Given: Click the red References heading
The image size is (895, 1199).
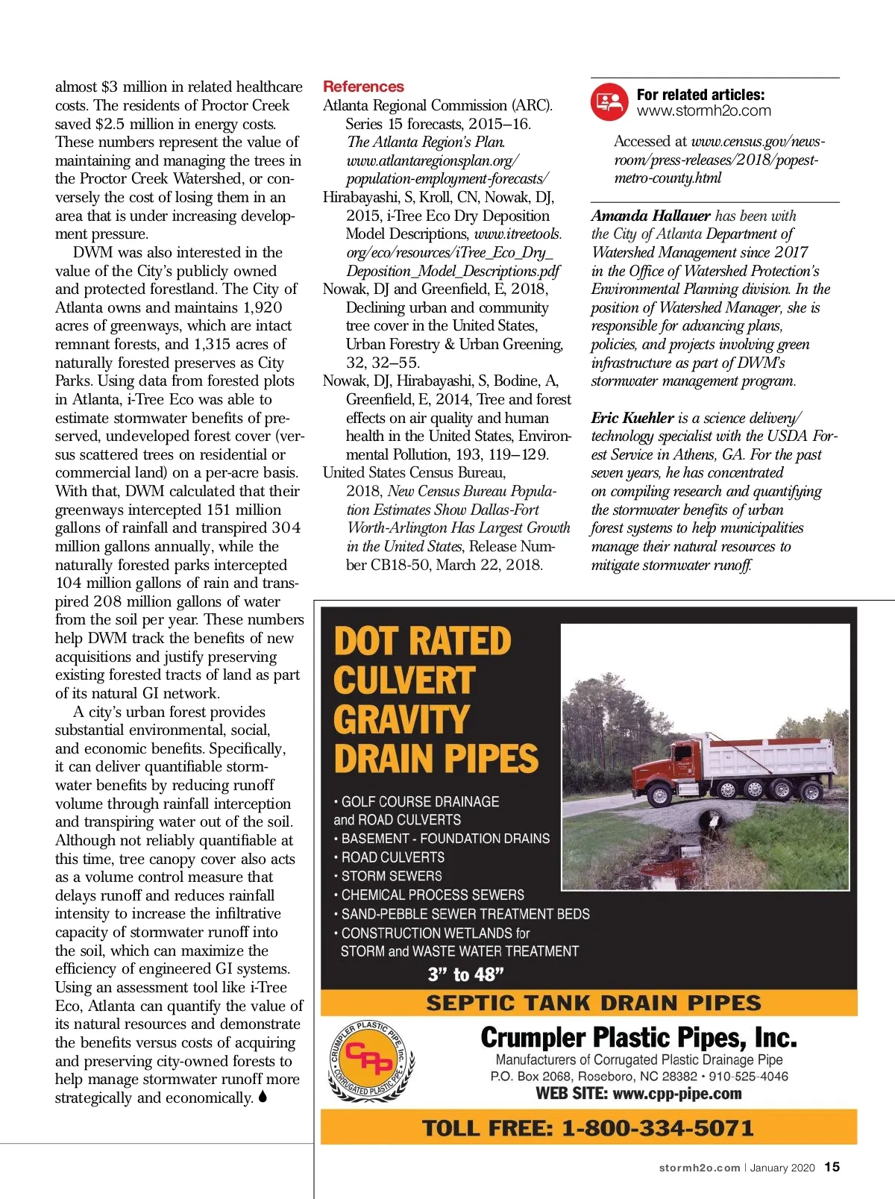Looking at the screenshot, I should [363, 87].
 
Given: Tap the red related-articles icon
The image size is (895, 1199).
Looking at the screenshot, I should [609, 102].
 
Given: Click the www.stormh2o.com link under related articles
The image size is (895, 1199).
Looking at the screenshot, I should [703, 111].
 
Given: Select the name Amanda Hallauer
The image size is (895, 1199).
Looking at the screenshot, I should [650, 216].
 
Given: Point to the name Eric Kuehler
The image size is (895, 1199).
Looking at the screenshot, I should [632, 418].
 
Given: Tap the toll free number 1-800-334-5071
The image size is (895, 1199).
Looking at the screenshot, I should [657, 1127].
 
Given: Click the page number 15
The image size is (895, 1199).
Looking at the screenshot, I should [832, 1167].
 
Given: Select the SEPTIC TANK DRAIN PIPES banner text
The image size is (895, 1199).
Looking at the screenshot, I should [594, 1003].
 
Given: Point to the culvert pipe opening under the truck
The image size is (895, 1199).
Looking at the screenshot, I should [717, 820].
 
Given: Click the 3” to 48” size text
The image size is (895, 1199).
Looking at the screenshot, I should [465, 974].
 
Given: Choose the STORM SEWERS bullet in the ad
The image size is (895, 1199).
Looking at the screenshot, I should [391, 876].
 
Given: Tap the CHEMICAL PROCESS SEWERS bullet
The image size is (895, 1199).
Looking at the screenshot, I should [432, 895].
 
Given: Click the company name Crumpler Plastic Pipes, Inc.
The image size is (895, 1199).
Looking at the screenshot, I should [638, 1037].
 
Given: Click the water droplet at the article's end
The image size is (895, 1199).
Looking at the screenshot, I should [263, 1098].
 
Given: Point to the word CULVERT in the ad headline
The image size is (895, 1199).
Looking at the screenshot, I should [403, 680].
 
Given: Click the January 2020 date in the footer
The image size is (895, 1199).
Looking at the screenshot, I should [782, 1168].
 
